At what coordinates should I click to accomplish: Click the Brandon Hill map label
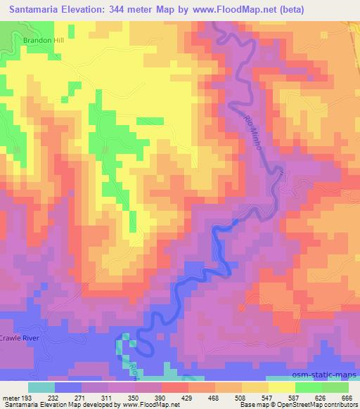pos(44,41)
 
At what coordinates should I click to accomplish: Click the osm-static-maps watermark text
pos(329,372)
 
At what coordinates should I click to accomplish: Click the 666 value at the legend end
pos(347,397)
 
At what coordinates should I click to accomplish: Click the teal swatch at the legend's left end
pos(41,387)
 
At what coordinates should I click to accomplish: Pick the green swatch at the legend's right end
pos(334,387)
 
